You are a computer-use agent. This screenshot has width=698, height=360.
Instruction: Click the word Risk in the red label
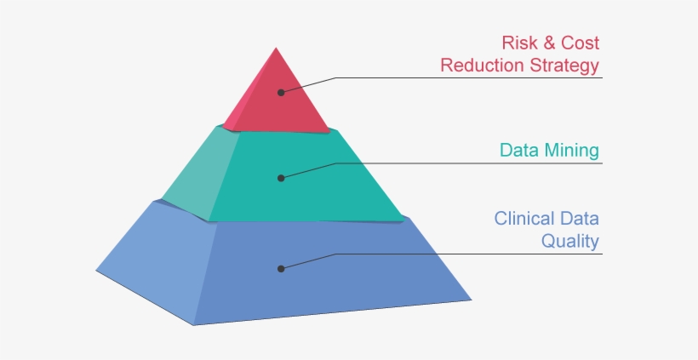click(x=518, y=42)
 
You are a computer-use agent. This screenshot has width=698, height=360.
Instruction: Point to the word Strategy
click(x=563, y=66)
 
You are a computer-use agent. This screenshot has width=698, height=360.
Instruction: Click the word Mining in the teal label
click(x=572, y=151)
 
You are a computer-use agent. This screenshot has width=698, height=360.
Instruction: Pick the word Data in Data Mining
click(x=519, y=151)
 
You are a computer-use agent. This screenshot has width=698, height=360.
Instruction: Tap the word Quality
click(x=570, y=242)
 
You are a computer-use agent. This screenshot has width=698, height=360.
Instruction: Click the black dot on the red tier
click(x=280, y=91)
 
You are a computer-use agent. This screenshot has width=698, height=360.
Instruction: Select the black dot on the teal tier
click(x=280, y=178)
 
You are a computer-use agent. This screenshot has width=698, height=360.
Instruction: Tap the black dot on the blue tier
click(x=280, y=268)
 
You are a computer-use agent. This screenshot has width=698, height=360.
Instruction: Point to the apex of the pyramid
click(x=274, y=48)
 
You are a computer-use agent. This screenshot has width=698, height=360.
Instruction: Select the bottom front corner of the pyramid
click(x=194, y=324)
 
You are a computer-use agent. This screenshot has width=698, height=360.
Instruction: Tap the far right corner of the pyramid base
click(x=471, y=299)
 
